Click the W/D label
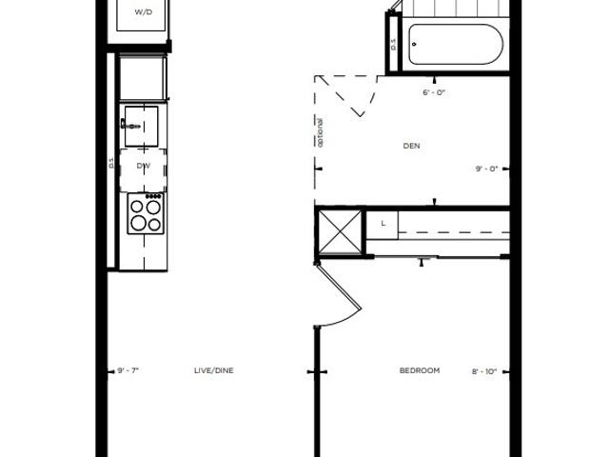pyautogui.click(x=144, y=12)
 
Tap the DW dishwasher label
pyautogui.click(x=144, y=166)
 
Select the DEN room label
pyautogui.click(x=412, y=146)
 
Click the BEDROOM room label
pyautogui.click(x=420, y=370)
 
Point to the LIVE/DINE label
pyautogui.click(x=213, y=370)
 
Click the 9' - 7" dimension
pyautogui.click(x=128, y=370)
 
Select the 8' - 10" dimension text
pyautogui.click(x=484, y=371)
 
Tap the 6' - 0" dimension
pyautogui.click(x=434, y=93)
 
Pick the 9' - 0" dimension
pyautogui.click(x=486, y=169)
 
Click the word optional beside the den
pyautogui.click(x=320, y=132)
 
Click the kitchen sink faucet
pyautogui.click(x=130, y=125)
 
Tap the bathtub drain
pyautogui.click(x=414, y=45)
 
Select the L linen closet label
pyautogui.click(x=383, y=224)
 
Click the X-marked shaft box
pyautogui.click(x=340, y=232)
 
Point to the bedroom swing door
pyautogui.click(x=339, y=294)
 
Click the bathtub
pyautogui.click(x=456, y=45)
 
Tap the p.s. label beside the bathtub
pyautogui.click(x=394, y=45)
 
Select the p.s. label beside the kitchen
pyautogui.click(x=111, y=163)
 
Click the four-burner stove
pyautogui.click(x=146, y=213)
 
